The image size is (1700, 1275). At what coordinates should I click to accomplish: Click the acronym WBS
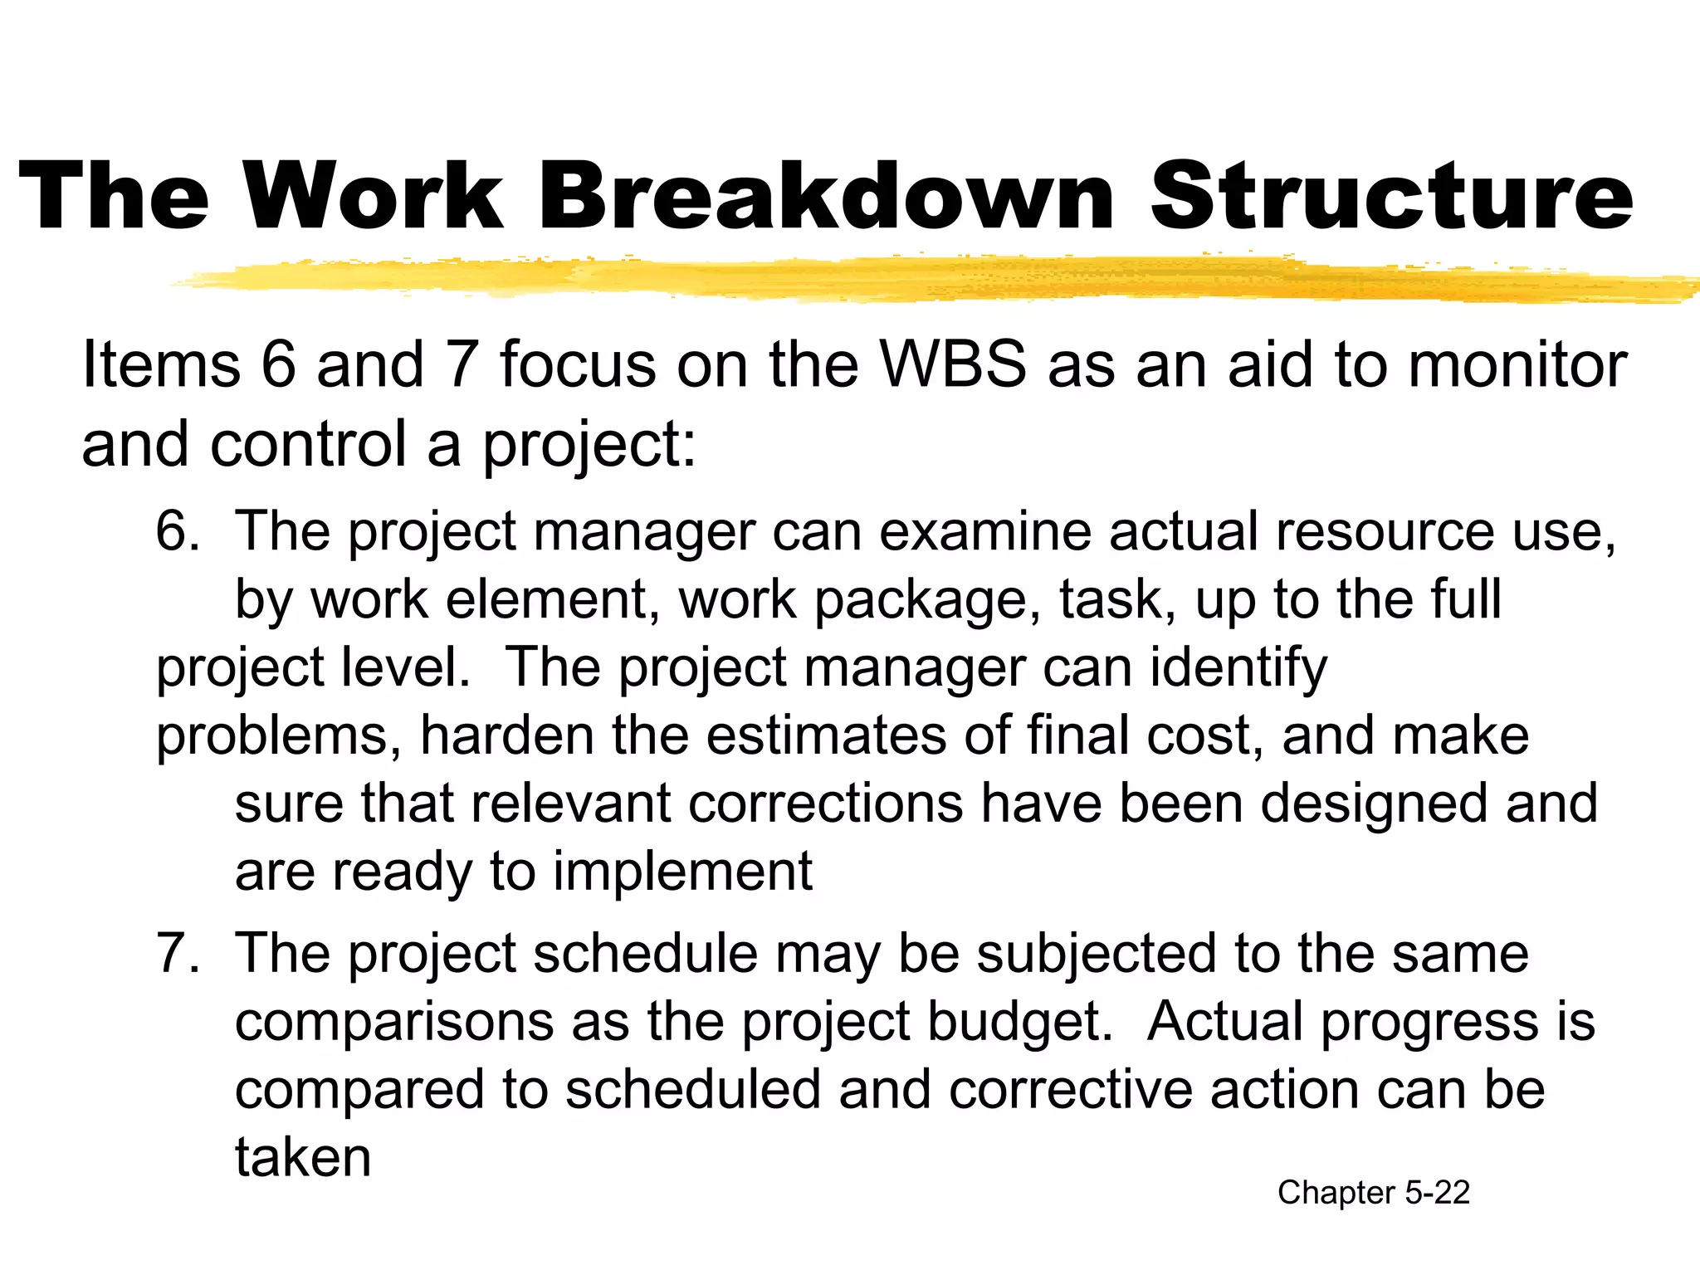coord(953,365)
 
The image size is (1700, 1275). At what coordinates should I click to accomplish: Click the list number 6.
coord(176,531)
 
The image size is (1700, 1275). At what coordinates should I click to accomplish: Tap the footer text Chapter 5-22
coord(1373,1193)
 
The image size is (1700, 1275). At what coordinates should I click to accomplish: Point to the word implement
coord(682,872)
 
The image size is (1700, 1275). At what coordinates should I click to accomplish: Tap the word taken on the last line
coord(302,1157)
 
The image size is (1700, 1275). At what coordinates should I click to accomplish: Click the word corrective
coord(1071,1089)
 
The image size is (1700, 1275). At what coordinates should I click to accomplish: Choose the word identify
coord(1238,667)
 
